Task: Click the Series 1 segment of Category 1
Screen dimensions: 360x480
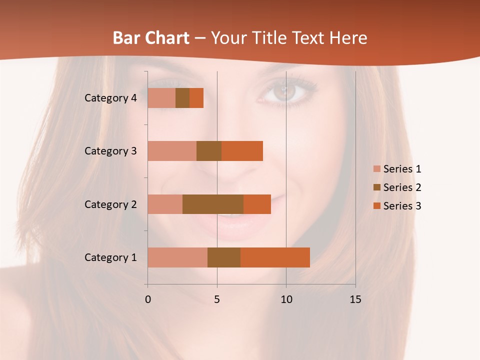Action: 177,257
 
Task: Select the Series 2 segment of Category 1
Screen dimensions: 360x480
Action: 224,257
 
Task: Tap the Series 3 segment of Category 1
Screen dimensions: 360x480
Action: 275,257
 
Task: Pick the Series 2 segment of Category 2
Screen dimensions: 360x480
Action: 213,204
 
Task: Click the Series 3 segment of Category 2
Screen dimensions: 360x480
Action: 257,204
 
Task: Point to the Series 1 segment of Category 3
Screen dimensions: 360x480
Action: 172,150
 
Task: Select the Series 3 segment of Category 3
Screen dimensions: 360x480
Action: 242,150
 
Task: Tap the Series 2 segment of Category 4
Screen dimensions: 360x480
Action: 182,97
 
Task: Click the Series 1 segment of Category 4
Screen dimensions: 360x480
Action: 161,97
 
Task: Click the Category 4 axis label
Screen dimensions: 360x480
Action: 110,98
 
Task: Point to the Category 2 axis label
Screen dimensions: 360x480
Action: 110,204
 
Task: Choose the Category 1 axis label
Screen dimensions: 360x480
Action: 110,257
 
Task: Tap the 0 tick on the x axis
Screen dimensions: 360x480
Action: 147,299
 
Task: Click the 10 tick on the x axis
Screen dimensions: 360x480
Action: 286,299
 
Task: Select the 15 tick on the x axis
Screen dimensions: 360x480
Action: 355,299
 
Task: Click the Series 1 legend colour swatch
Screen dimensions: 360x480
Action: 376,169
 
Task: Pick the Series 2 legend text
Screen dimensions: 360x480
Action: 402,187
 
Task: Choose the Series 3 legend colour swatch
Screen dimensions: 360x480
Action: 376,206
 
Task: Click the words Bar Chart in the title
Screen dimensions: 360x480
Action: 151,38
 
